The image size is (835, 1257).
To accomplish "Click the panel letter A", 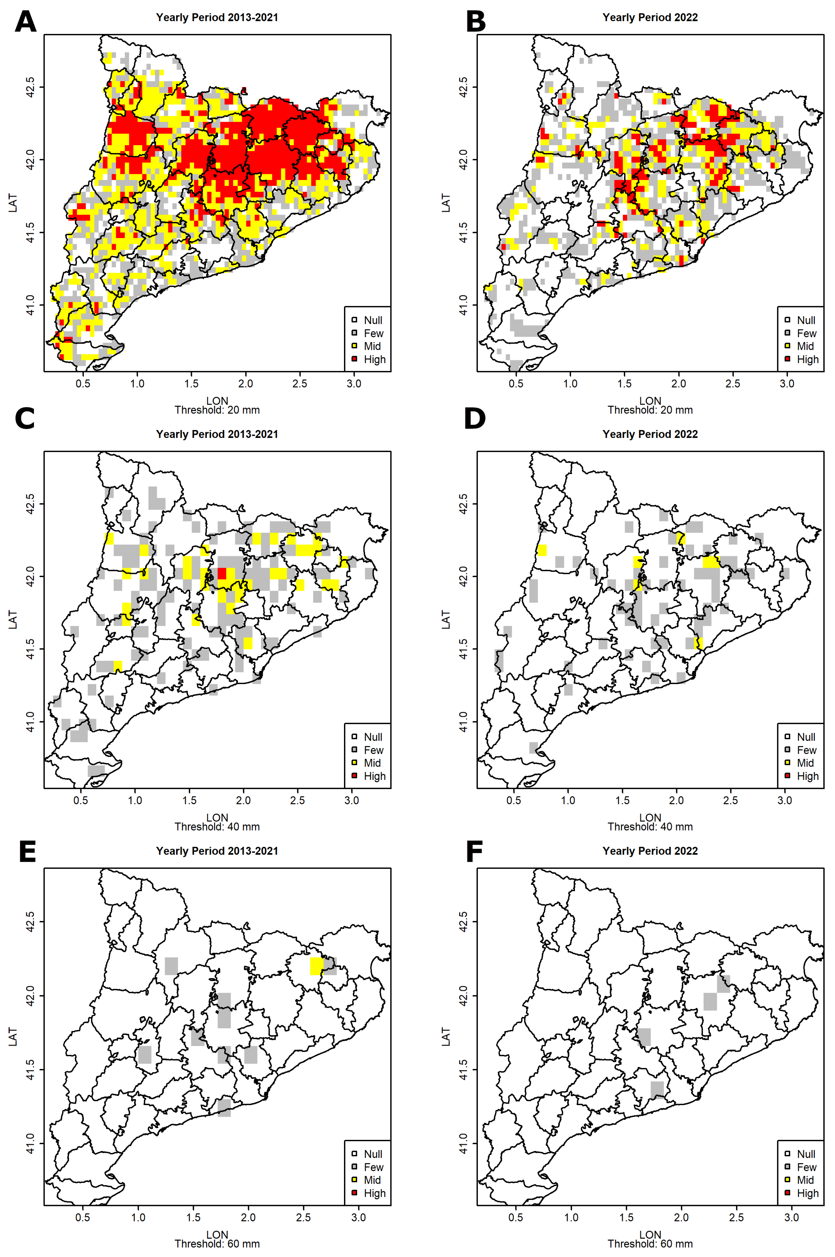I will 26,22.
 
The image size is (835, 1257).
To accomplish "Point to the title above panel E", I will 217,851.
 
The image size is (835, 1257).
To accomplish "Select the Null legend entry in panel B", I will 800,320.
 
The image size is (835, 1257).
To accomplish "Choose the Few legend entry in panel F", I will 800,1167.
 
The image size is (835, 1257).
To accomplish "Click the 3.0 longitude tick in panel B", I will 786,384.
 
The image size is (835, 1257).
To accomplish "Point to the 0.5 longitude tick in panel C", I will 80,800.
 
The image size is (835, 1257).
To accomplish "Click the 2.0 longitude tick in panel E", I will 248,1217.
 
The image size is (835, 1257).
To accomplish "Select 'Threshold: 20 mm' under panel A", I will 217,410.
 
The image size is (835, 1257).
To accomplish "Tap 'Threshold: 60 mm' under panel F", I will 650,1244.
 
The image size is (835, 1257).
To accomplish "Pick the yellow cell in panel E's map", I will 316,966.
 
